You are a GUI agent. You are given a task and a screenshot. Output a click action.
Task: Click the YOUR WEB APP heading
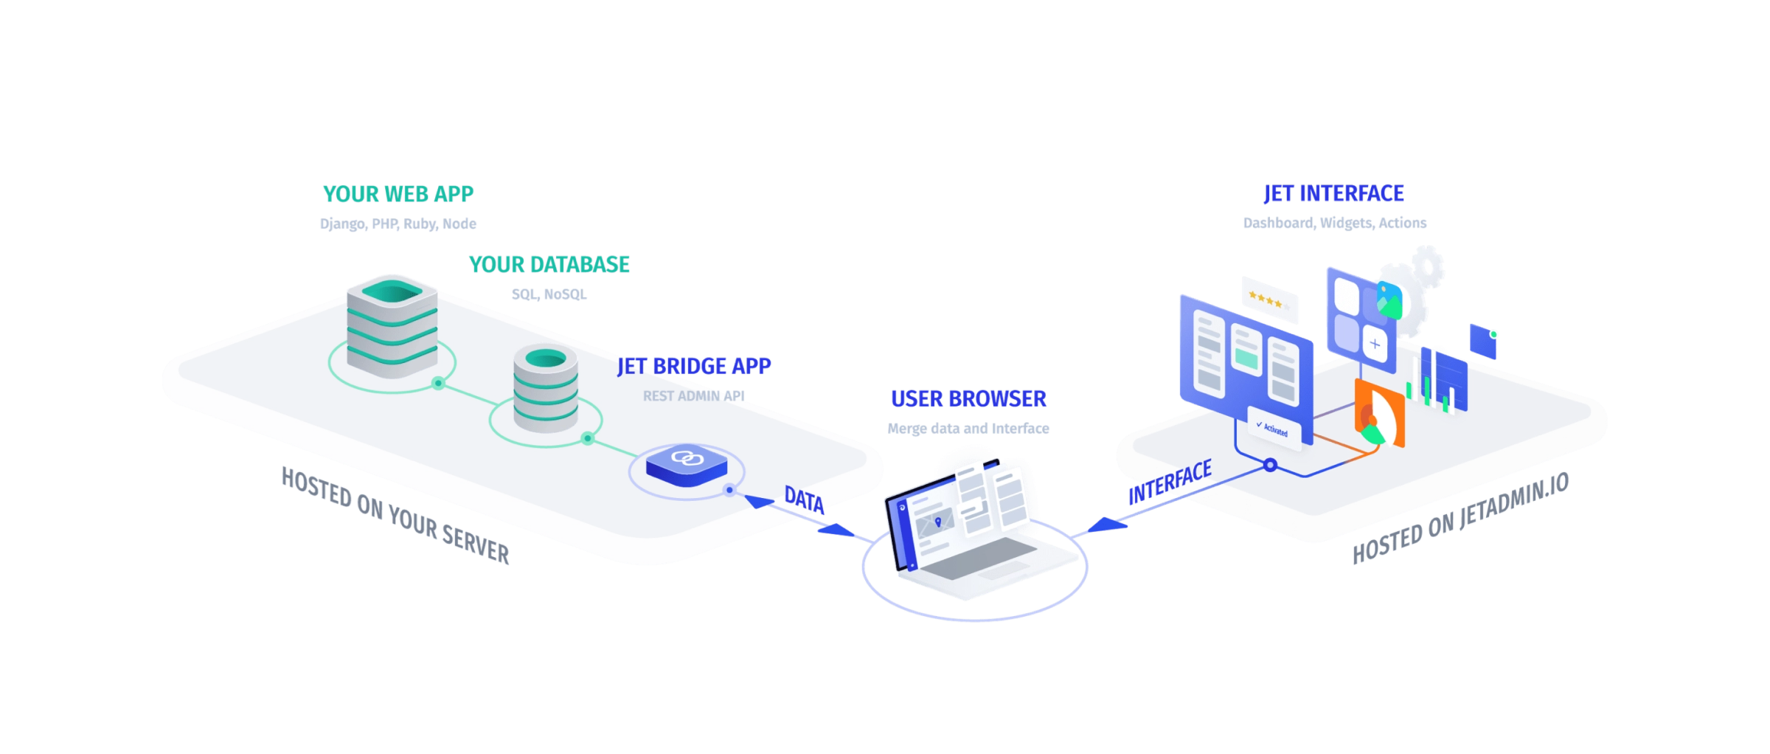[398, 194]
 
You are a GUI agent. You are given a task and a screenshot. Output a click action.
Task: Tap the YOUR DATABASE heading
[549, 264]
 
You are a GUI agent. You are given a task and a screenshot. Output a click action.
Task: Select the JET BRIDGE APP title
[694, 366]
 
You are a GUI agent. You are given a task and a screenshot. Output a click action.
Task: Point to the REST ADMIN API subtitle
[694, 396]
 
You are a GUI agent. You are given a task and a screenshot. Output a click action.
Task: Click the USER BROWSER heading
[968, 399]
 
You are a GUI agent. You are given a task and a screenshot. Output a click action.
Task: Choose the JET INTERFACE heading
[1333, 194]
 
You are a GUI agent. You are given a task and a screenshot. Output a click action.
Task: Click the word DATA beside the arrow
[804, 499]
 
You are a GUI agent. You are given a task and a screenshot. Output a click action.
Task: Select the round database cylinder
[545, 388]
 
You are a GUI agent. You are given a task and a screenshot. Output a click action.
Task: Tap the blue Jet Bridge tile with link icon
[685, 463]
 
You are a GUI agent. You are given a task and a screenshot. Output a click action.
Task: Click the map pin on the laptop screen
[938, 522]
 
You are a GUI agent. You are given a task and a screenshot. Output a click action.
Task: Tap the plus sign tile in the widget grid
[1375, 344]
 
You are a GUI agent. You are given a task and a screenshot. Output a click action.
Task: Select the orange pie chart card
[1379, 415]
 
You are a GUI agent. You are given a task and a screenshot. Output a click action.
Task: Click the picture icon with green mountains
[1390, 300]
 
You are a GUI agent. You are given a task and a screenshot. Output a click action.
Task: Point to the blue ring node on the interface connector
[1270, 466]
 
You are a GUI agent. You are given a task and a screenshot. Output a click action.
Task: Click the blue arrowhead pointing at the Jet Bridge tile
[759, 502]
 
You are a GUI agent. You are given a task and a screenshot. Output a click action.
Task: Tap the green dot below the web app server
[438, 383]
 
